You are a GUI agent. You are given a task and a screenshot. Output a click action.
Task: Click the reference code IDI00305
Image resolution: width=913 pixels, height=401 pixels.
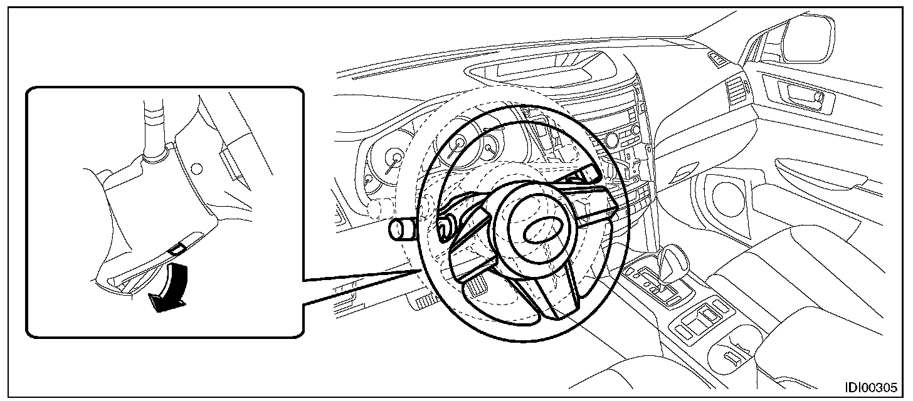click(x=870, y=387)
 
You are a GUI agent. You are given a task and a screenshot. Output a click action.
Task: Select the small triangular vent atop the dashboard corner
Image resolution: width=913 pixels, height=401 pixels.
click(x=717, y=58)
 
